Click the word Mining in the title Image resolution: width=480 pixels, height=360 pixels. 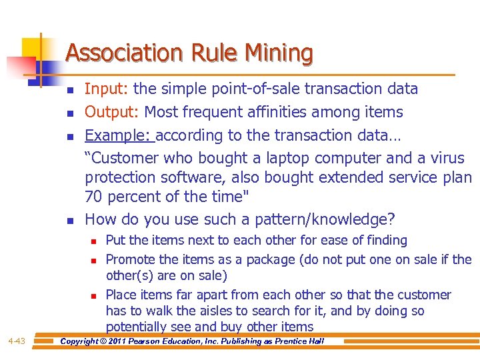279,53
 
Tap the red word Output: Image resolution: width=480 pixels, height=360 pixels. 112,112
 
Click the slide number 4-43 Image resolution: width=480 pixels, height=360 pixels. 17,341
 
